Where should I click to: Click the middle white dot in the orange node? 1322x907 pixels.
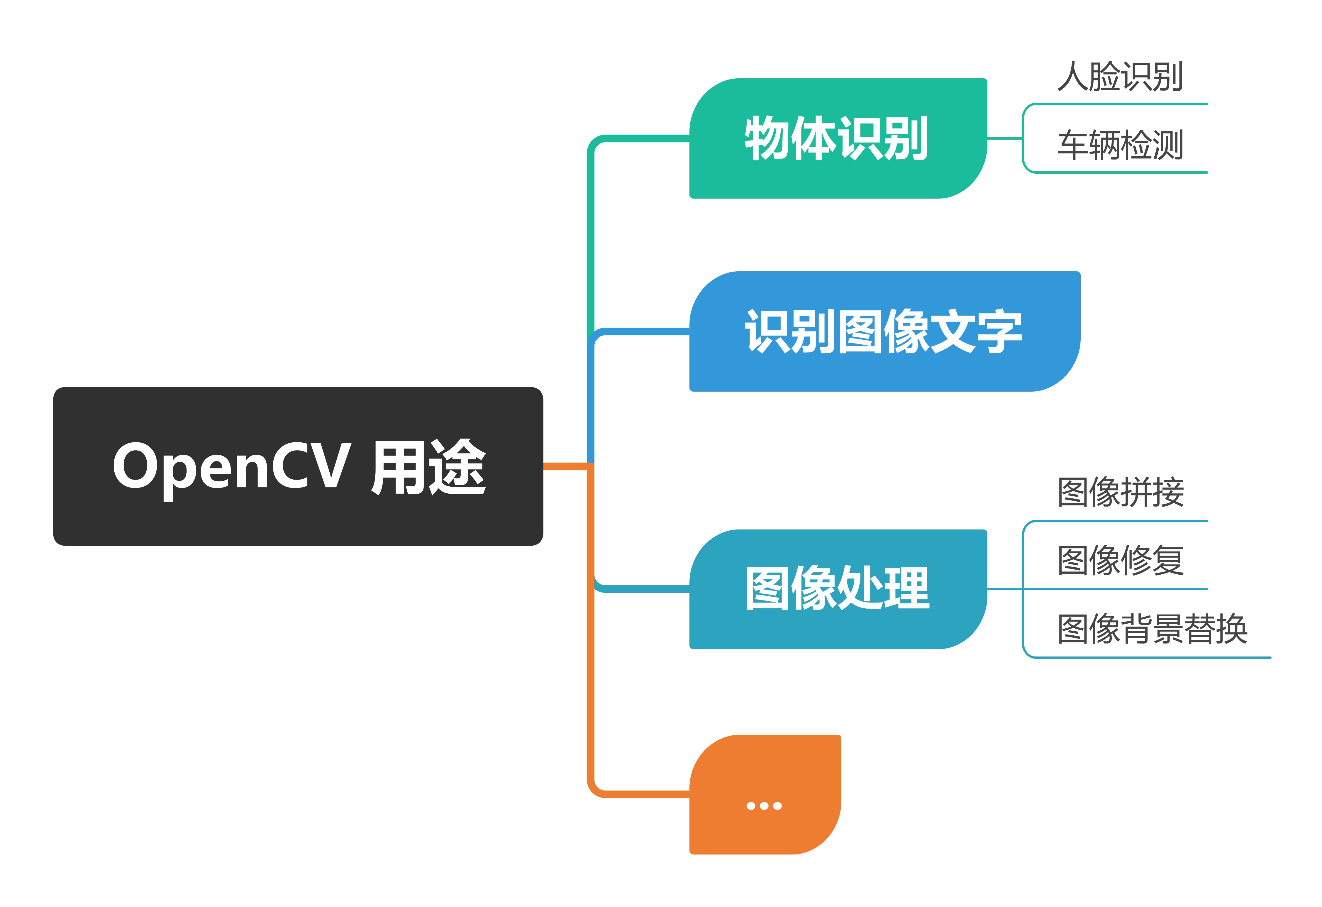pos(764,806)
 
